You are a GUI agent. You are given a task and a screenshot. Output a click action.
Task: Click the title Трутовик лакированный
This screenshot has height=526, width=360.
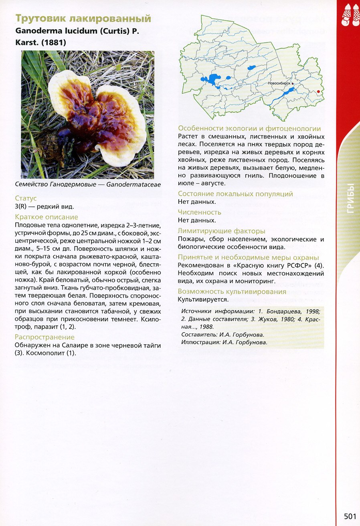pos(83,19)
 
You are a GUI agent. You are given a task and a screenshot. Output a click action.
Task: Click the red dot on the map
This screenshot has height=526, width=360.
pos(318,92)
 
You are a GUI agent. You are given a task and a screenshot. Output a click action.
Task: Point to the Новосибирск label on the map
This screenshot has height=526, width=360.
pos(279,83)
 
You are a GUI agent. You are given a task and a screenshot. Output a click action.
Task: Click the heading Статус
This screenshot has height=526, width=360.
pos(26,199)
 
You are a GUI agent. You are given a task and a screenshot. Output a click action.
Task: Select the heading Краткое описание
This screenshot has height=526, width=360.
pos(46,217)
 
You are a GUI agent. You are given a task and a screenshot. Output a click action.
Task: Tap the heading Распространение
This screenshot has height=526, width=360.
pos(44,337)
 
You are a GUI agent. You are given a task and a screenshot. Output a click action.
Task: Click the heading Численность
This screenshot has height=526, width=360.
pos(200,212)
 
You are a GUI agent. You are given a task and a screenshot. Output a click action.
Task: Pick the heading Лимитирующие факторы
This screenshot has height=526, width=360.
pos(222,231)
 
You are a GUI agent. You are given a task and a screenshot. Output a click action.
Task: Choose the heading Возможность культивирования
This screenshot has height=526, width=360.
pos(232,292)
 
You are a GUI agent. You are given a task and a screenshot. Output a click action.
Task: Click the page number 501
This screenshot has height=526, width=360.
pos(350,516)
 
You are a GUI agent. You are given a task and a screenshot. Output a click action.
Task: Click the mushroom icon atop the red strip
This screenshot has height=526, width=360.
pos(350,16)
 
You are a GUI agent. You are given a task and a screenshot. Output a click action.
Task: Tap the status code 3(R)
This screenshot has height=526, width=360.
pos(22,207)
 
